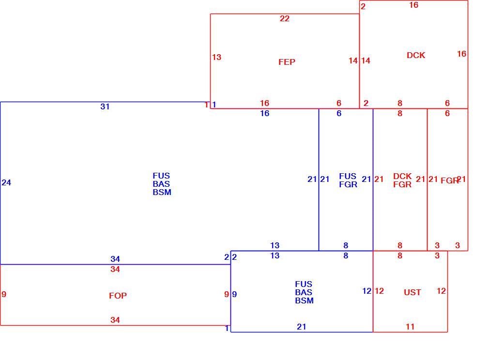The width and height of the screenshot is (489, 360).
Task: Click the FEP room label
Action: (x=287, y=62)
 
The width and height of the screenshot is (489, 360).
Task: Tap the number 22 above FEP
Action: (x=284, y=19)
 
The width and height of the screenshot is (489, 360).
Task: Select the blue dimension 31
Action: (x=105, y=106)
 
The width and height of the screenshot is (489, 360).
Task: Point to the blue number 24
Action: (x=6, y=182)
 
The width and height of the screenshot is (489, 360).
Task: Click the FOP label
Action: (x=118, y=296)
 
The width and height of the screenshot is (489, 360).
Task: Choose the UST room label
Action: (x=413, y=292)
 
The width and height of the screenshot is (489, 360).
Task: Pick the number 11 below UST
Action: (x=410, y=327)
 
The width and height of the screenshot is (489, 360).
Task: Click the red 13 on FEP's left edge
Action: (x=216, y=58)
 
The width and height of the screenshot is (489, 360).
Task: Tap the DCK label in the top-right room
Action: (x=416, y=56)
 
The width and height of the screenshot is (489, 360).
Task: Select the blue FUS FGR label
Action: (x=348, y=180)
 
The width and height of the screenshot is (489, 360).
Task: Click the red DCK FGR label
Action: (x=402, y=180)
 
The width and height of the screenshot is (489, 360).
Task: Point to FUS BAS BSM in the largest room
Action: (x=162, y=184)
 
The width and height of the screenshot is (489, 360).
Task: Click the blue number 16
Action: (x=264, y=113)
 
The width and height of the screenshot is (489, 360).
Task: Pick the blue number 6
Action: (x=339, y=113)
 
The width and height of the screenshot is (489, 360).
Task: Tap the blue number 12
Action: (x=367, y=291)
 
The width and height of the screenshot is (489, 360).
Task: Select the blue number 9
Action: (x=234, y=294)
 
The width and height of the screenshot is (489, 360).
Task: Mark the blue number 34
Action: (x=115, y=259)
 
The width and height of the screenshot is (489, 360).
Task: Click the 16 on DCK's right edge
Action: (x=461, y=54)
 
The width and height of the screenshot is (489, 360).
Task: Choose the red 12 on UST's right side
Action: (x=441, y=291)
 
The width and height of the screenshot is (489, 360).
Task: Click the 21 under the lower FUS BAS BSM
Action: (x=301, y=327)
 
